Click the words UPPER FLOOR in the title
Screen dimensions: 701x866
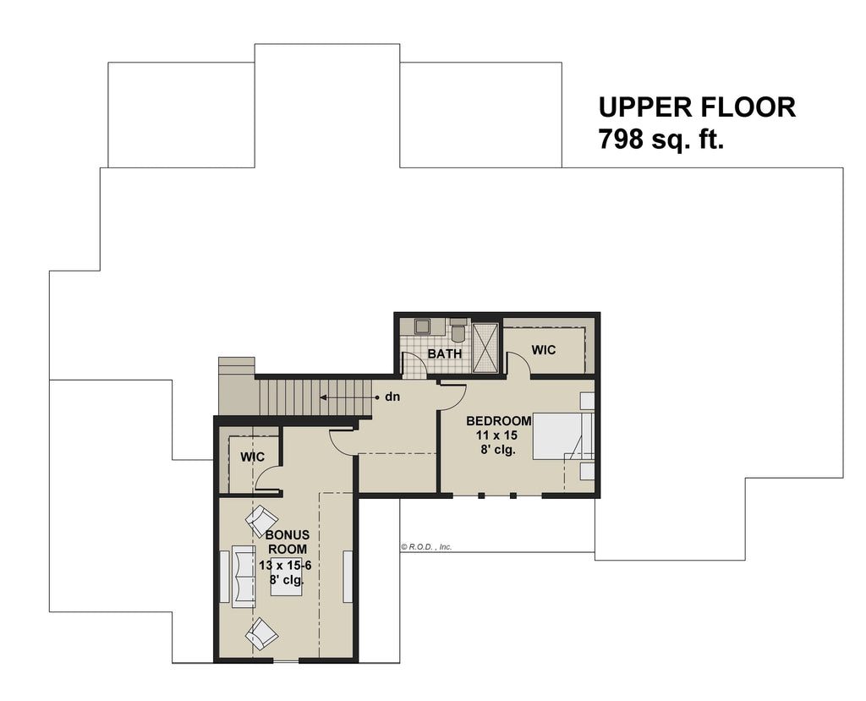click(x=697, y=107)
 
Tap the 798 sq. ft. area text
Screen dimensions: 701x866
click(x=661, y=139)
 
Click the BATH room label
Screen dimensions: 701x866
click(x=444, y=353)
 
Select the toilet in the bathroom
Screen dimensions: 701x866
click(x=458, y=330)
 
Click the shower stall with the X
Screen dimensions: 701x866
click(x=486, y=347)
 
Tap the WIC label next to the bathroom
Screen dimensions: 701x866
click(x=544, y=349)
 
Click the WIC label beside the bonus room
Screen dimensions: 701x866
click(x=252, y=457)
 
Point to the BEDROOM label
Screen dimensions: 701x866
click(x=499, y=421)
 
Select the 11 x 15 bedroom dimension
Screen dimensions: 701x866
click(x=496, y=435)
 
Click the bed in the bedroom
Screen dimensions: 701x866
click(x=558, y=435)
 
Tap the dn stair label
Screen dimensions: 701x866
click(x=392, y=396)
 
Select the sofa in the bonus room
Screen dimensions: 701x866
click(x=244, y=576)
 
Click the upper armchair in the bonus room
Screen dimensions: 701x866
click(x=261, y=519)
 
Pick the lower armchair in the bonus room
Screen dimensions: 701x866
click(x=262, y=633)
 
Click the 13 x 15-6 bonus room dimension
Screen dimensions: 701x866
click(x=286, y=565)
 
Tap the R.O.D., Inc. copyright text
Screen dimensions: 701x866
click(x=427, y=547)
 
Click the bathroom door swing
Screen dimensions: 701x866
click(x=413, y=366)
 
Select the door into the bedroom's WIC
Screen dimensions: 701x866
click(x=518, y=364)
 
